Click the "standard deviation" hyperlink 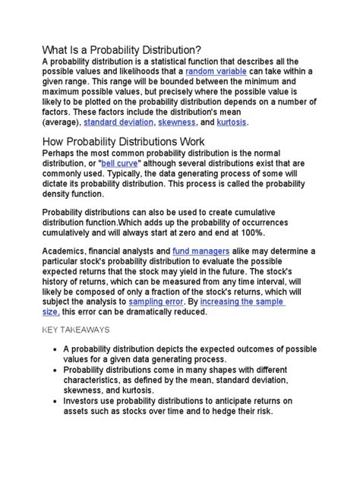pos(118,122)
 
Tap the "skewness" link pos(176,122)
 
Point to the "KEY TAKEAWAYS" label pos(76,330)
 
